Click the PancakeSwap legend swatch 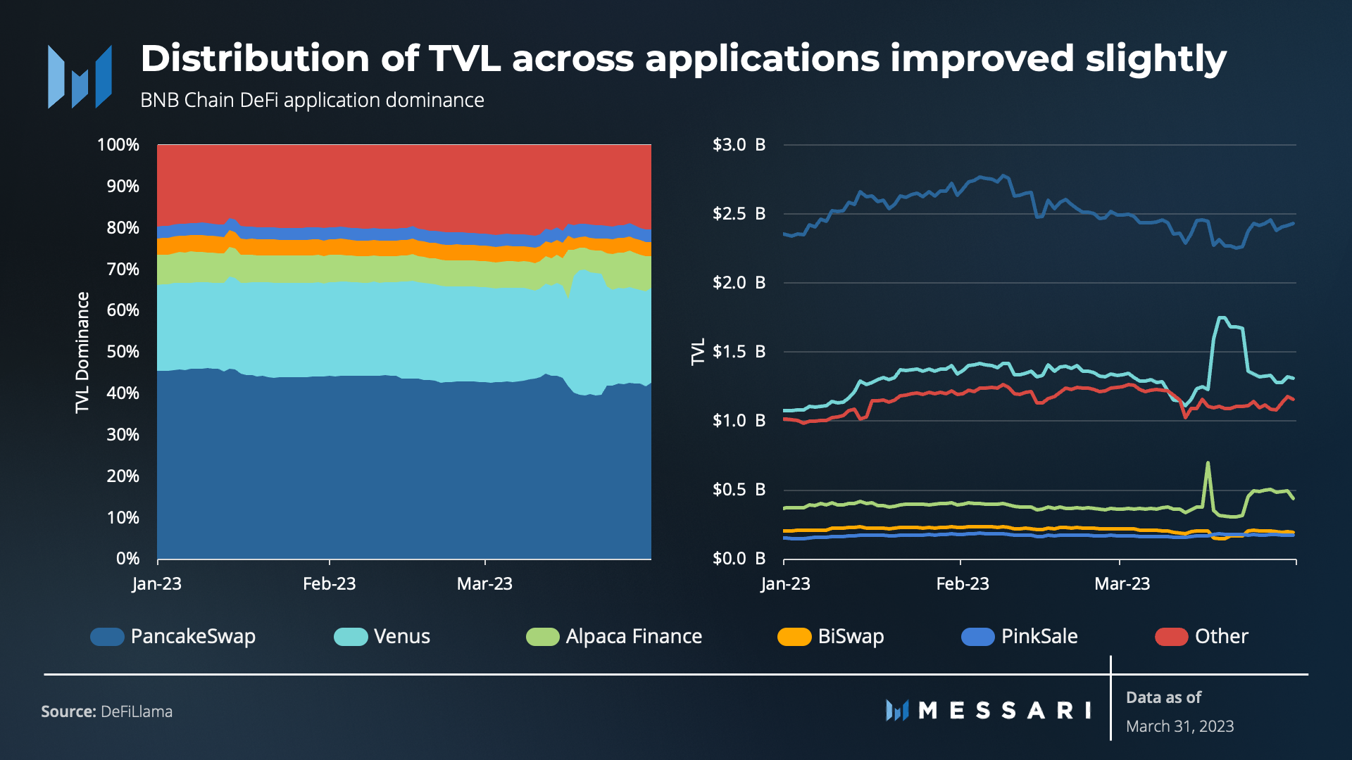[107, 637]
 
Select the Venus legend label [401, 637]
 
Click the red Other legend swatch [1171, 637]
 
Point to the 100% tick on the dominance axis [118, 145]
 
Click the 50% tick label [123, 352]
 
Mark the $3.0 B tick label [739, 145]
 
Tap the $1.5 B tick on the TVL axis [739, 352]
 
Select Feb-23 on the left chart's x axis [329, 584]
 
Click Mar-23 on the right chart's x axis [1122, 584]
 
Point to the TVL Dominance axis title [82, 352]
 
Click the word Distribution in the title [255, 58]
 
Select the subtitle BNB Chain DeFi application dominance [312, 101]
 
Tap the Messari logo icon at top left [80, 77]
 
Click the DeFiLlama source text [137, 712]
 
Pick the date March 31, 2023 [1179, 726]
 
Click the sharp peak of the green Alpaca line [1208, 463]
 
